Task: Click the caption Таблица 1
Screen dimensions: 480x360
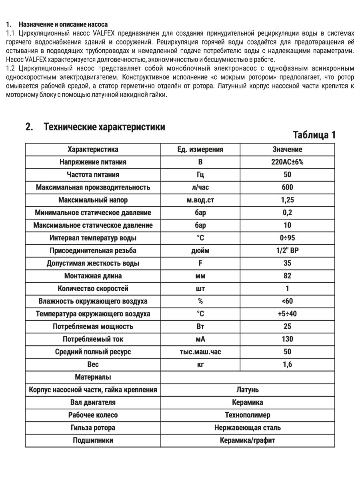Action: [314, 135]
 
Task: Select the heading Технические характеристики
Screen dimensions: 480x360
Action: [104, 127]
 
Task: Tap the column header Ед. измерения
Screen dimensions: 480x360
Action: [200, 149]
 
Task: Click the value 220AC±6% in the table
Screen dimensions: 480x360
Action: [287, 162]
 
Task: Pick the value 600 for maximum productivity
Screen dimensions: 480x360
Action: [287, 187]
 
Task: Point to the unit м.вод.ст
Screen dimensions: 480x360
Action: [200, 200]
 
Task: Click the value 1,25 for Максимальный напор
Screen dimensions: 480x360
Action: [287, 200]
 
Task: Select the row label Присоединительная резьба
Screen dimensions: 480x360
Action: [93, 251]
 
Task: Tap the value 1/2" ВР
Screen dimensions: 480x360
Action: [287, 251]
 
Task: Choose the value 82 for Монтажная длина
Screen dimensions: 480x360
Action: [287, 276]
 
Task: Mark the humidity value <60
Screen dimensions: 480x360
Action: [287, 301]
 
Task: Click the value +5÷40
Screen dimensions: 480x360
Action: [287, 314]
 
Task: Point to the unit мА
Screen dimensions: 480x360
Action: [200, 339]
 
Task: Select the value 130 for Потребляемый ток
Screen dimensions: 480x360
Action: [287, 339]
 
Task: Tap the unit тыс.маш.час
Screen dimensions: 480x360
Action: [200, 352]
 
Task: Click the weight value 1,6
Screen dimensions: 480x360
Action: [287, 364]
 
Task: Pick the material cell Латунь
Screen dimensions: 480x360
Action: [248, 390]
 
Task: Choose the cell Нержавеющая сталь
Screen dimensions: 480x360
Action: [248, 428]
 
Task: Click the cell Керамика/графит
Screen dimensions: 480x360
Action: [248, 440]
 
